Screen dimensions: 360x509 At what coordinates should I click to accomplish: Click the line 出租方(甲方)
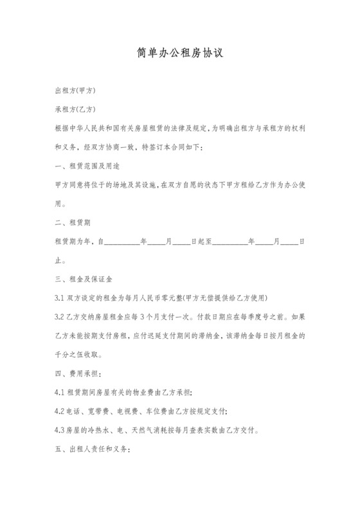coord(76,91)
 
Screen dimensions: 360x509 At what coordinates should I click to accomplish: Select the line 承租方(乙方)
coord(76,110)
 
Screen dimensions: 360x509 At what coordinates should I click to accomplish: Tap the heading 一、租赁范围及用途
coord(85,166)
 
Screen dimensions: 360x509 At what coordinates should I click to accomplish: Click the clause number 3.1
coord(60,299)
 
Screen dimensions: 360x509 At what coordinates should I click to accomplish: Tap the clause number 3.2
coord(60,317)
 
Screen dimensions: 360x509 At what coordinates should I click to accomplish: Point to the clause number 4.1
coord(60,392)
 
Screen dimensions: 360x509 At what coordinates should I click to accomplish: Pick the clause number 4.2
coord(60,411)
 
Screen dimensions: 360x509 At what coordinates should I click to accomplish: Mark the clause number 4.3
coord(60,430)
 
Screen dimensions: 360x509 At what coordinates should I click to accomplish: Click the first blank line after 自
coord(122,243)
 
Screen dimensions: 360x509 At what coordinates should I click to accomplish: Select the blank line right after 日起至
coord(233,243)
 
